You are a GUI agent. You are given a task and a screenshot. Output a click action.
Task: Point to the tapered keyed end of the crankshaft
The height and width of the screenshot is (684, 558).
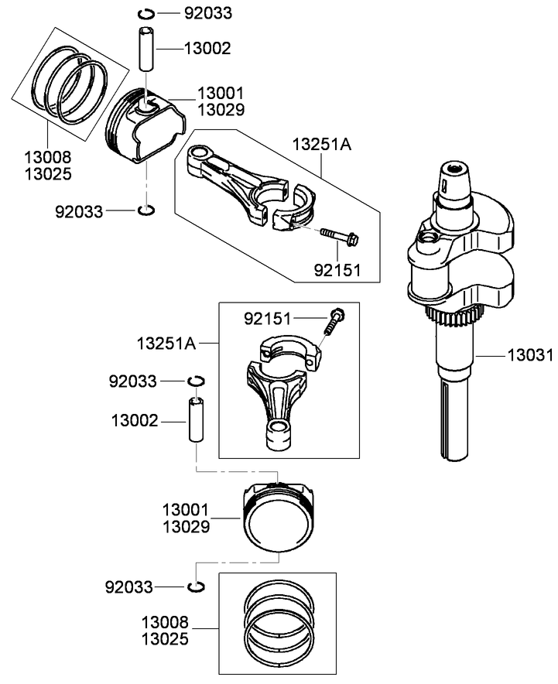pos(454,183)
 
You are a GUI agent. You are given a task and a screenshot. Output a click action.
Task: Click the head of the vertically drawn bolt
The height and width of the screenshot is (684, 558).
pos(337,314)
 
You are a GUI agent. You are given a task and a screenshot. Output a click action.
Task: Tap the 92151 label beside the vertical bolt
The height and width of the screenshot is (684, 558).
pos(269,319)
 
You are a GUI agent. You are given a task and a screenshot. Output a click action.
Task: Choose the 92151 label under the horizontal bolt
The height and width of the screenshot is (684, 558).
pos(337,271)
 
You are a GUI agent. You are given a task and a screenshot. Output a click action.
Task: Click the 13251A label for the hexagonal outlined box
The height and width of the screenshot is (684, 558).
pos(322,144)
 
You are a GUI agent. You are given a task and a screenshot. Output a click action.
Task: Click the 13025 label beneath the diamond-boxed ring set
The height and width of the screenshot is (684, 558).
pos(47,174)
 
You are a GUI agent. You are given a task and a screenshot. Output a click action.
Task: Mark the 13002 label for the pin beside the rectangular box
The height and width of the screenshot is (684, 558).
pos(135,421)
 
